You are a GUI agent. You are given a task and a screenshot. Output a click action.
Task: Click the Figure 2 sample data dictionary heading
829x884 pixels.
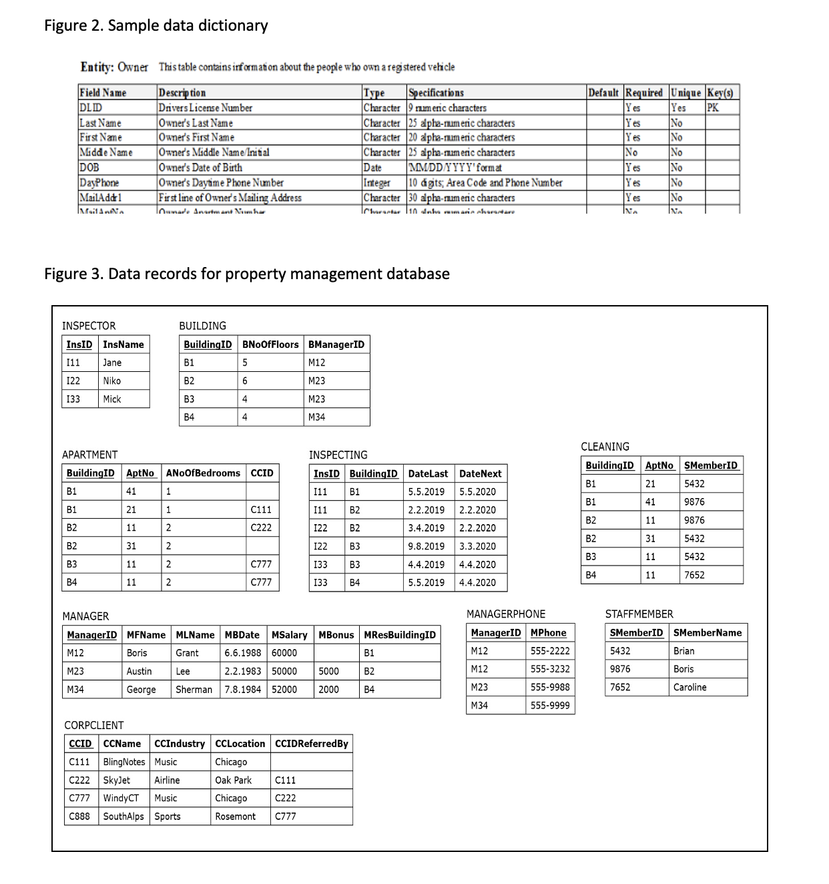156,26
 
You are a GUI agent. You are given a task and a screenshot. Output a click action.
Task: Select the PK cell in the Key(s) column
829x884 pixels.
713,107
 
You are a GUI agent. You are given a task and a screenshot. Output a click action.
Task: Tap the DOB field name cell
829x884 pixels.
87,168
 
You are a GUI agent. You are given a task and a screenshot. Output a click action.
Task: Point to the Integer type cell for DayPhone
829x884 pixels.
376,183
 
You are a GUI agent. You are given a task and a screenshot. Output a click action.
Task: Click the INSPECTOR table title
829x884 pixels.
89,326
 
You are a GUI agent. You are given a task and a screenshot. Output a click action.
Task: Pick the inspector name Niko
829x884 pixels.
112,381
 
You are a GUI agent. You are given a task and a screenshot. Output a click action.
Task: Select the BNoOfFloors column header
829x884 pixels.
270,345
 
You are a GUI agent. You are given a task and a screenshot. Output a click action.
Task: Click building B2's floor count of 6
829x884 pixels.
245,381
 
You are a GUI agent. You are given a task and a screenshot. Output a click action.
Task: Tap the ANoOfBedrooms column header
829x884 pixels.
203,473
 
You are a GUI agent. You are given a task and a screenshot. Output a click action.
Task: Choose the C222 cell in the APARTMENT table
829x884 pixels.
260,527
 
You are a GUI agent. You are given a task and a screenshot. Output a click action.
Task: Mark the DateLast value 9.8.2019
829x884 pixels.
426,546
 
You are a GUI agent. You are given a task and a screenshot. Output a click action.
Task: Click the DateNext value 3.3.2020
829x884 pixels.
477,546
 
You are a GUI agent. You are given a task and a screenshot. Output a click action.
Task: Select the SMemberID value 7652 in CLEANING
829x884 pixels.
694,575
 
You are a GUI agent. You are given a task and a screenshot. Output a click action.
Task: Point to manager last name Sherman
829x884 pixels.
194,690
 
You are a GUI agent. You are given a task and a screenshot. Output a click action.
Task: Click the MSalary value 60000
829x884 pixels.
284,653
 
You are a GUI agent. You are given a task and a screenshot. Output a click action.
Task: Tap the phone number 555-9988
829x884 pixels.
550,687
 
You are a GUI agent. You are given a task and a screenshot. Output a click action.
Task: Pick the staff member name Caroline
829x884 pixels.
689,687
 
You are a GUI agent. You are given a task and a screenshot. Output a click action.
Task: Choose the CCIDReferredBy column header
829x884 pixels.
312,744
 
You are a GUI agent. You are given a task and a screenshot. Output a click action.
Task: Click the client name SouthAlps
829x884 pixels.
123,817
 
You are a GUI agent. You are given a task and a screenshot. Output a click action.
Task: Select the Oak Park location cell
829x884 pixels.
233,780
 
